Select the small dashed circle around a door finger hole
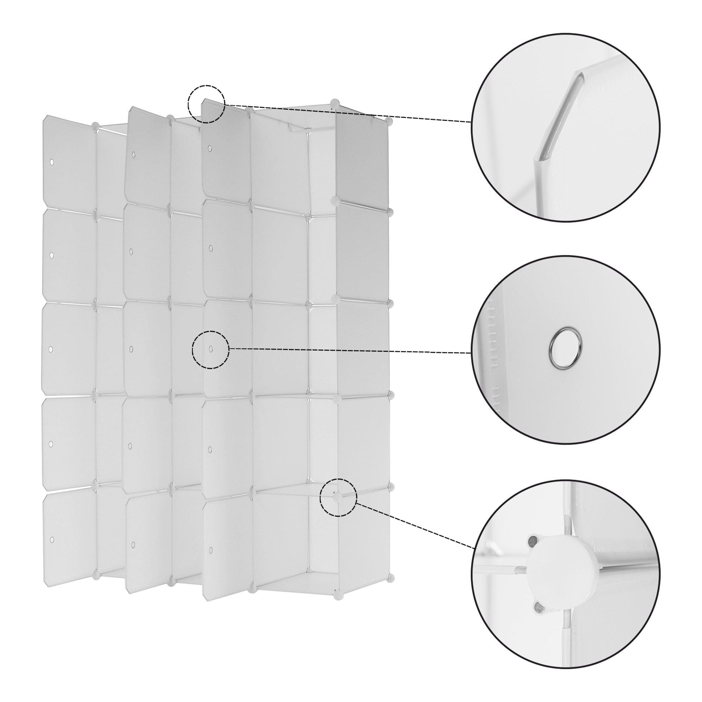[x=211, y=350]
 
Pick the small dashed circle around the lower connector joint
[x=338, y=497]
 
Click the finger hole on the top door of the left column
[x=52, y=161]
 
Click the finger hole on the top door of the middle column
[x=133, y=155]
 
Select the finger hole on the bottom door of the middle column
[x=133, y=545]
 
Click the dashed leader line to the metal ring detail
[x=349, y=351]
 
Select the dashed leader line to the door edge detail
[x=349, y=113]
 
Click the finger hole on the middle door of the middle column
[x=131, y=349]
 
